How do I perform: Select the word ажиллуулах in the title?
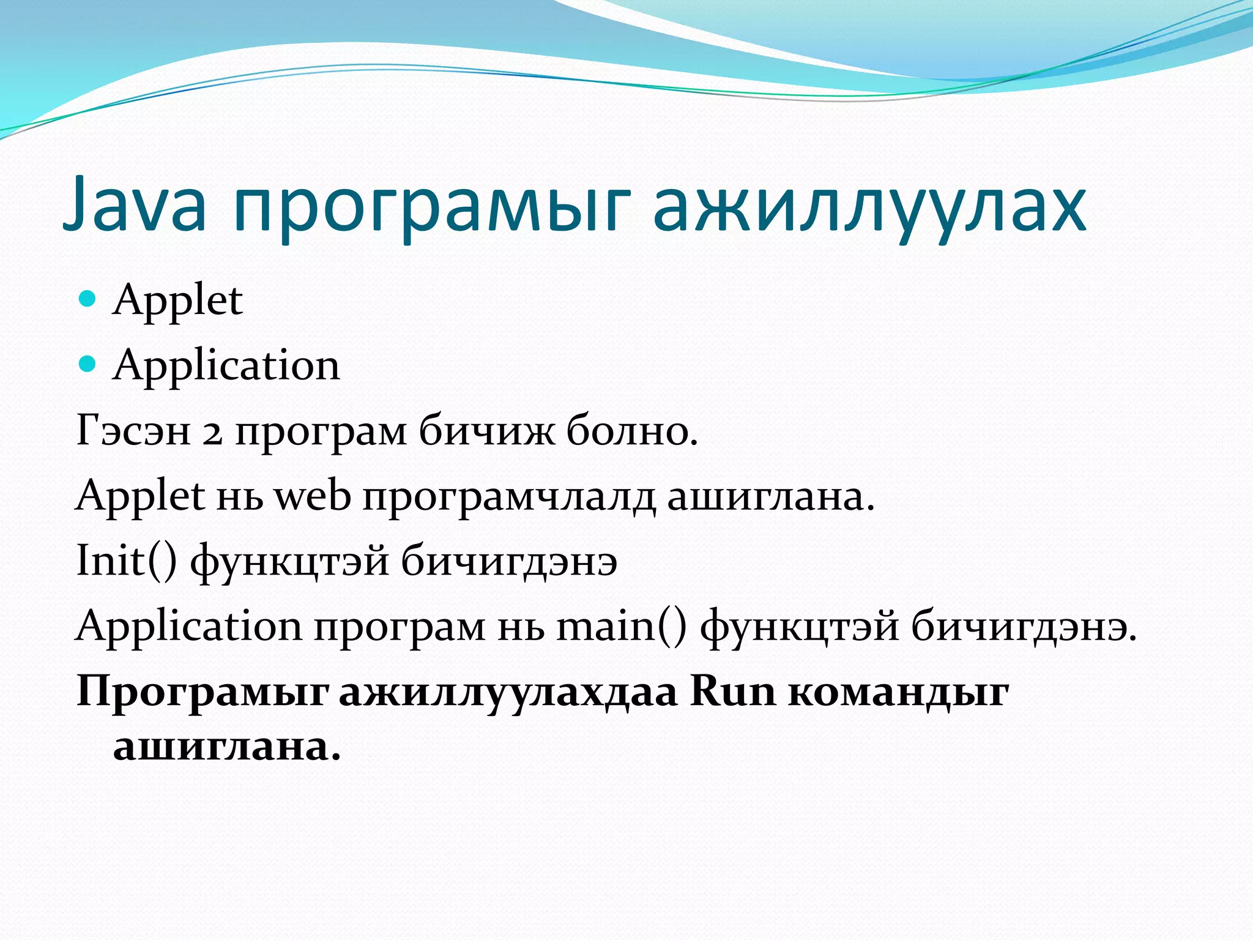[869, 207]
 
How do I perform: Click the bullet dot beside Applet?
[89, 299]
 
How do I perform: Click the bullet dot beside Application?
[89, 364]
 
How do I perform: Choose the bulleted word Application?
[226, 366]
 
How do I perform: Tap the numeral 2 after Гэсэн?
[212, 433]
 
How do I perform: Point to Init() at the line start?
[126, 561]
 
